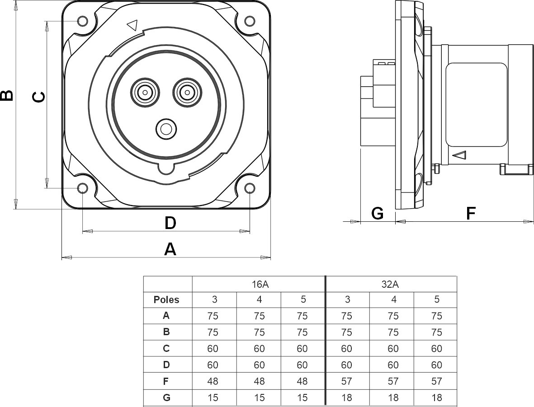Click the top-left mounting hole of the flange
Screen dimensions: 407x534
pos(83,21)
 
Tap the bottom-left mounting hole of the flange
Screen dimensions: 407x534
pos(83,188)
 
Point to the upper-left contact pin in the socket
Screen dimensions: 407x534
pos(145,93)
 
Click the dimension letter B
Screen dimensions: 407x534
pos(7,95)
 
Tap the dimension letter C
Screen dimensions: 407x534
pos(39,96)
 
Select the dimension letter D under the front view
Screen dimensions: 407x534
pos(170,222)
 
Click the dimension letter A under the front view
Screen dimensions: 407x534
pos(170,249)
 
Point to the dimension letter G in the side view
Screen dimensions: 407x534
pos(377,213)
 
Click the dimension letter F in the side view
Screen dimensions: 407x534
pos(471,213)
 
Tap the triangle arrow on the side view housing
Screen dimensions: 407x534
pos(459,155)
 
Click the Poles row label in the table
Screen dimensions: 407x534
pos(166,299)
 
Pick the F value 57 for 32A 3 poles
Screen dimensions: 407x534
pos(347,381)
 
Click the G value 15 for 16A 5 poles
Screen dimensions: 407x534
pos(302,398)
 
